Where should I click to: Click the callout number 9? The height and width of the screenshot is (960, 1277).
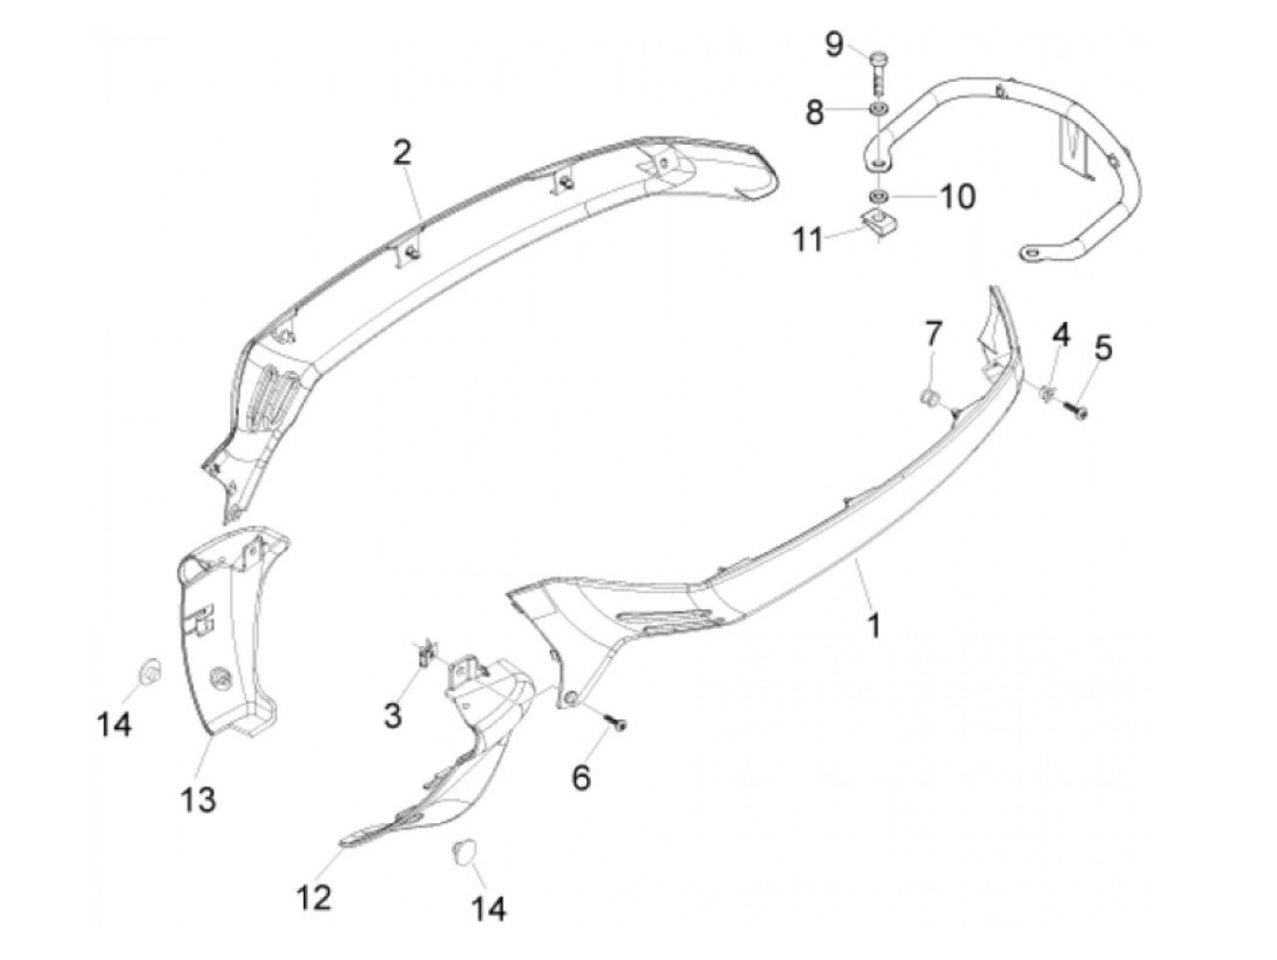click(835, 43)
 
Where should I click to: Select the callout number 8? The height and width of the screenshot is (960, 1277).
click(814, 113)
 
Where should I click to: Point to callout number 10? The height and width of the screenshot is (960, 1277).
click(957, 195)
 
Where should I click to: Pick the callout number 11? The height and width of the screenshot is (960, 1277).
click(808, 240)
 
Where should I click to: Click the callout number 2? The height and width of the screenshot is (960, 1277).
click(402, 152)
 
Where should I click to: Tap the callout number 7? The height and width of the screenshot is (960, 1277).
click(932, 334)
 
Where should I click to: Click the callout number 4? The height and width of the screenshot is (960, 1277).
click(1060, 335)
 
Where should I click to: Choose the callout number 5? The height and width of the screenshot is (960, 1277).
click(1104, 348)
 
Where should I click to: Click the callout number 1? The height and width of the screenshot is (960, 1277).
click(874, 626)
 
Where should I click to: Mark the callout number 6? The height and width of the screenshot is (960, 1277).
click(581, 777)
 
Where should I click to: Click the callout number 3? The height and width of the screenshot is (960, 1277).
click(392, 715)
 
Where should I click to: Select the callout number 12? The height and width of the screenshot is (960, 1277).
click(314, 897)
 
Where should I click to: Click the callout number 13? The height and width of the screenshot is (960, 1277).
click(198, 799)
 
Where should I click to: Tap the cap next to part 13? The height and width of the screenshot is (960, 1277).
click(148, 673)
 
